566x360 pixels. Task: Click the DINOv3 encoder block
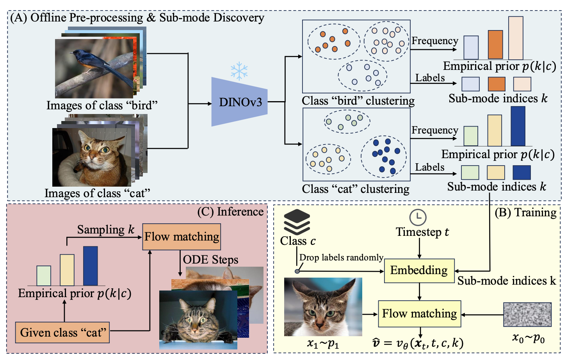point(239,102)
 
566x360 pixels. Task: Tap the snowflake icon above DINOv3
point(239,70)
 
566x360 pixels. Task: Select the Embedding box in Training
point(419,271)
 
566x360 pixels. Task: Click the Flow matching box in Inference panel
point(182,237)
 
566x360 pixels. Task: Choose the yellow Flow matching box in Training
point(419,314)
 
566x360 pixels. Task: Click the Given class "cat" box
point(62,333)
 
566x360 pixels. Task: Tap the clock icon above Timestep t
point(418,217)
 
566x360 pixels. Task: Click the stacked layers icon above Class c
point(297,222)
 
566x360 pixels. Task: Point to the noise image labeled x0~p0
point(527,315)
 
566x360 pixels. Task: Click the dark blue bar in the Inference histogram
point(90,266)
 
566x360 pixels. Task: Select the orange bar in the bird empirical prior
point(495,45)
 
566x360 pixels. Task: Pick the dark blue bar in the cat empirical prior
point(518,127)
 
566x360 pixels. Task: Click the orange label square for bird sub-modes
point(497,84)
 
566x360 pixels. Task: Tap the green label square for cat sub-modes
point(470,173)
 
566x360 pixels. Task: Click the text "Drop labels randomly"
point(341,258)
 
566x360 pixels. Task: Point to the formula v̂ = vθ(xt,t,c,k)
point(418,343)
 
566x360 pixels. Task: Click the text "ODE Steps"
point(210,260)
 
